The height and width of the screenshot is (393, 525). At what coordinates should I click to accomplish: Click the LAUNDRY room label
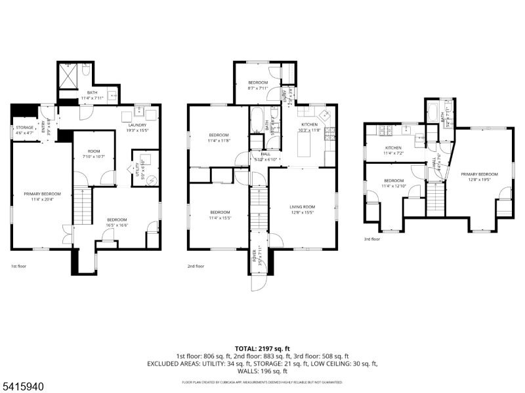click(x=136, y=124)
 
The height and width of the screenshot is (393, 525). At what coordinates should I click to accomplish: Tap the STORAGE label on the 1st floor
click(x=25, y=128)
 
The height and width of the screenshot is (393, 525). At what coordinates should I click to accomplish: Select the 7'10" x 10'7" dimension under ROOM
click(x=93, y=157)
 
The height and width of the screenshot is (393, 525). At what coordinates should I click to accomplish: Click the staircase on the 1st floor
click(x=80, y=206)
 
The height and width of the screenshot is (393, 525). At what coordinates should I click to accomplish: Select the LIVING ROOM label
click(x=303, y=207)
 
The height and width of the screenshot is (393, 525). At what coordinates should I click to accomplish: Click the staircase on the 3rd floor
click(x=436, y=197)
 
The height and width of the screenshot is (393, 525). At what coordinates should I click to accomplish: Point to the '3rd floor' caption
click(x=372, y=239)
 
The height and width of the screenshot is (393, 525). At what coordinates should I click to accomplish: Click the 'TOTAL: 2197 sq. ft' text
click(x=262, y=348)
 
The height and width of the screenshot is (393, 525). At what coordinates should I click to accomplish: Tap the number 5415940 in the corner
click(x=23, y=387)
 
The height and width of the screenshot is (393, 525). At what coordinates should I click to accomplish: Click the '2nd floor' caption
click(x=196, y=267)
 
